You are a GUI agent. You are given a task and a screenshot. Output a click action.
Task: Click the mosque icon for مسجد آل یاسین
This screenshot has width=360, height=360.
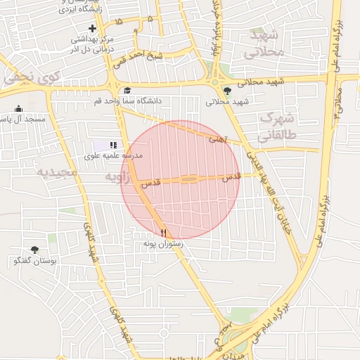[18, 108]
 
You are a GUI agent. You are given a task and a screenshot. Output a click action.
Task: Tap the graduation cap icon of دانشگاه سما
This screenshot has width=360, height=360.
[127, 91]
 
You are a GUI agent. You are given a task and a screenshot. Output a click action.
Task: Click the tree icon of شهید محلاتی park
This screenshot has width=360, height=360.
[227, 90]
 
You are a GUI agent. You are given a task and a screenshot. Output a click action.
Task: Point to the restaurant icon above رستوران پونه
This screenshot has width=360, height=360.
[163, 232]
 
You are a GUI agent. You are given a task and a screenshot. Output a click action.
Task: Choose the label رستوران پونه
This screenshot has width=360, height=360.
[163, 243]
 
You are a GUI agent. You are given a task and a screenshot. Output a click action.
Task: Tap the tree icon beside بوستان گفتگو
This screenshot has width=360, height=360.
[34, 250]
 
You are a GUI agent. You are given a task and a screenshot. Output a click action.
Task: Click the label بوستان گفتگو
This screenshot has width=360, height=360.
[34, 261]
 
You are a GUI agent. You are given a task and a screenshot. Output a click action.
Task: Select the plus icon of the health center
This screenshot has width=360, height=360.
[92, 27]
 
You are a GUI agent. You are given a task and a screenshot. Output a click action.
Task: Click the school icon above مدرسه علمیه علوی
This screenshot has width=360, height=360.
[114, 144]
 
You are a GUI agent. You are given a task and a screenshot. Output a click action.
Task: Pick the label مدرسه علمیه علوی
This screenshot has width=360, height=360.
[114, 155]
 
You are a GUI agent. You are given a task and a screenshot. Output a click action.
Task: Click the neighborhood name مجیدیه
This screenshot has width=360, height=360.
[53, 172]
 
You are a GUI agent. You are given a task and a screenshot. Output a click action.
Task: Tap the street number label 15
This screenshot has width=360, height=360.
[118, 22]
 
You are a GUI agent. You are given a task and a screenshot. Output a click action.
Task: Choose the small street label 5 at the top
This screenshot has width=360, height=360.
[150, 19]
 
